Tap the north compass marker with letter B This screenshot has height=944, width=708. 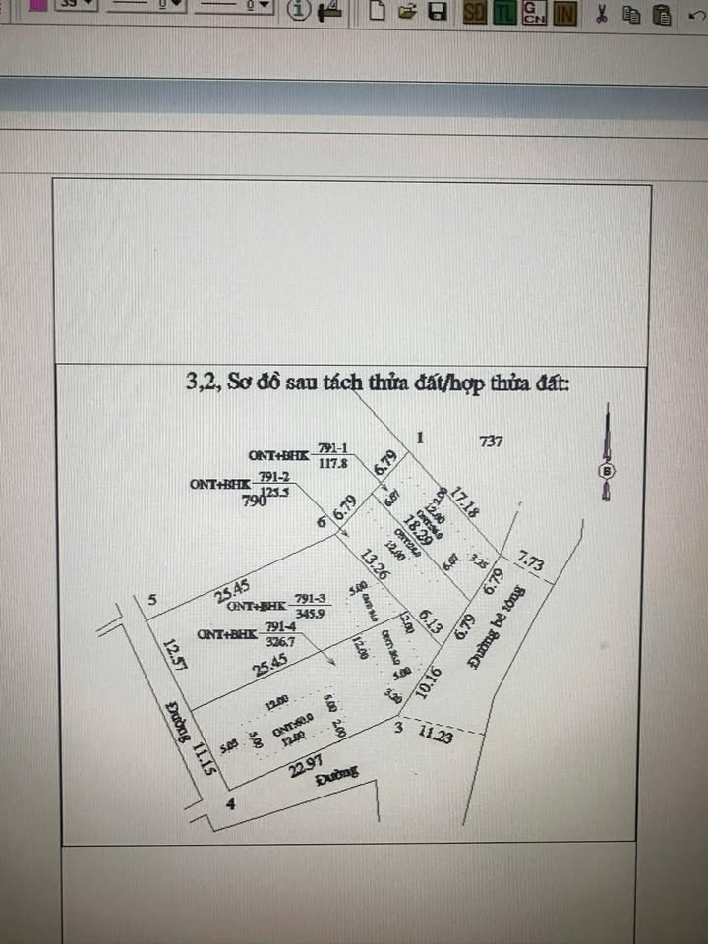pos(606,471)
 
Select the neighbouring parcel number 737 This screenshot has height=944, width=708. pos(491,442)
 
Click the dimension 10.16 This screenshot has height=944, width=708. pos(431,682)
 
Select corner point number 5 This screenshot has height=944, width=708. pos(152,598)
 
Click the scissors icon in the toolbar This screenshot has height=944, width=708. pos(600,14)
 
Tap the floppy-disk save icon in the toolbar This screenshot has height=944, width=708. pos(439,13)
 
